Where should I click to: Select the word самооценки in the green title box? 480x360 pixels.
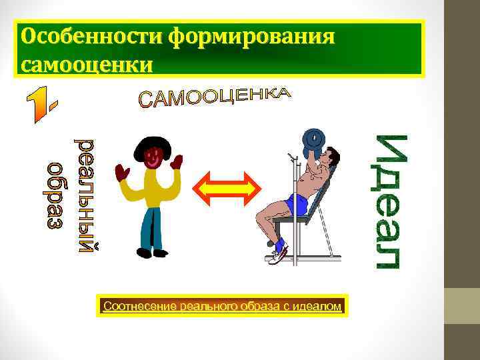pyautogui.click(x=87, y=65)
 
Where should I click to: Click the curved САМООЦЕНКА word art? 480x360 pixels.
pyautogui.click(x=215, y=99)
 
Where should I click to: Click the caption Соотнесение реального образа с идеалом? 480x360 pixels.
pyautogui.click(x=222, y=307)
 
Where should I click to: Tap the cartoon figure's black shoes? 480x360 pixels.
pyautogui.click(x=152, y=253)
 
